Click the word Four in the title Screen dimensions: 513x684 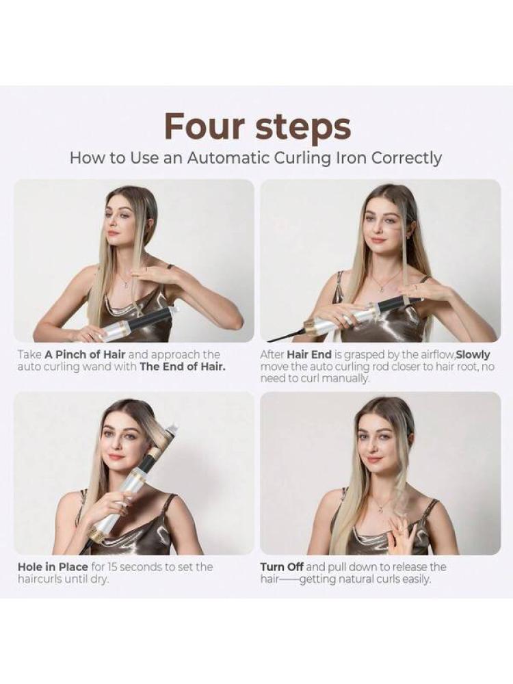pyautogui.click(x=205, y=126)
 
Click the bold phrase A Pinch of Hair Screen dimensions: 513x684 pyautogui.click(x=85, y=354)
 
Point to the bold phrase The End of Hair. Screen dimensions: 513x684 pyautogui.click(x=183, y=367)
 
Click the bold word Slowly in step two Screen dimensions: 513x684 pyautogui.click(x=473, y=354)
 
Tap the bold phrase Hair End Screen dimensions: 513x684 pyautogui.click(x=309, y=354)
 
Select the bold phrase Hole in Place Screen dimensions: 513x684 pyautogui.click(x=53, y=567)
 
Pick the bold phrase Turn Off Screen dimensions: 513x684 pyautogui.click(x=282, y=567)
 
